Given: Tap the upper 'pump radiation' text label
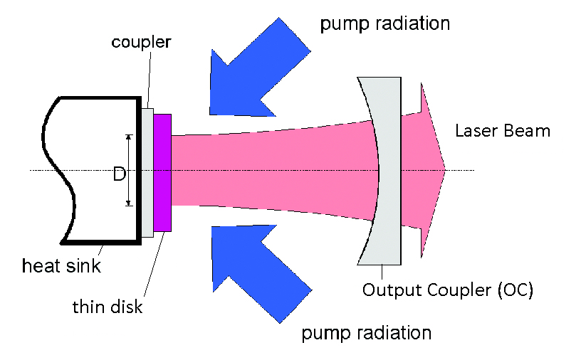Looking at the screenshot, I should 384,23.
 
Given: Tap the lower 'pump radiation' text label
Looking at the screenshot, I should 366,332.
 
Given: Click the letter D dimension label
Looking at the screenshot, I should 119,172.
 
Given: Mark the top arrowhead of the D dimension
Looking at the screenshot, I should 129,137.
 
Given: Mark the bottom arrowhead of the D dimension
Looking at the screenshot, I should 129,203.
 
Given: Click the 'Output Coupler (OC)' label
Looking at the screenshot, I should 447,290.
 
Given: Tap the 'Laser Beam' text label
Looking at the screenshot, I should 502,131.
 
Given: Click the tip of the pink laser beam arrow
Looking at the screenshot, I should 444,170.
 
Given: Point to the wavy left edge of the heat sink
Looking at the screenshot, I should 52,171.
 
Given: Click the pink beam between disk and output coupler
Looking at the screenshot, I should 271,170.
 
